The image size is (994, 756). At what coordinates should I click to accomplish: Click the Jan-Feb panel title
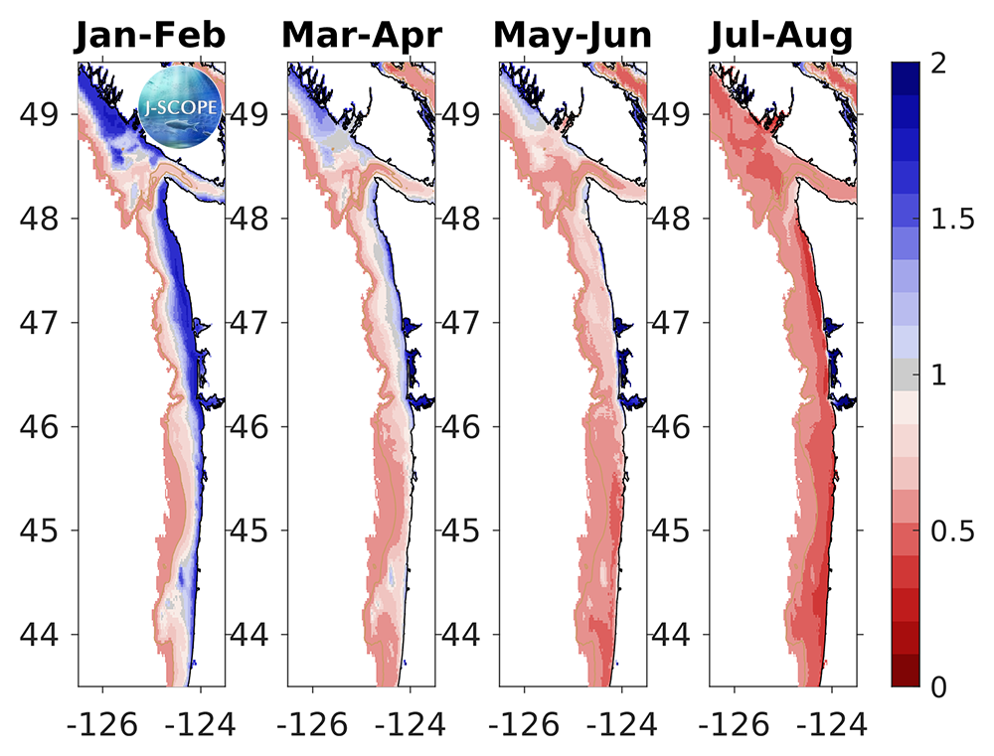pos(149,36)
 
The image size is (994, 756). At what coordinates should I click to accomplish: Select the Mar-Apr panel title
pos(362,36)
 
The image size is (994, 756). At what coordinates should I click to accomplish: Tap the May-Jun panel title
pos(573,36)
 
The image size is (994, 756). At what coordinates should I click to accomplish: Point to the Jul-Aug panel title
pos(781,36)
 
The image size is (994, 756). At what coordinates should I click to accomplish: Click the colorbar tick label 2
pos(937,65)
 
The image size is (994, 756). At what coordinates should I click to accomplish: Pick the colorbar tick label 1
pos(937,376)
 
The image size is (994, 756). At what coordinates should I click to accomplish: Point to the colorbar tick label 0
pos(937,686)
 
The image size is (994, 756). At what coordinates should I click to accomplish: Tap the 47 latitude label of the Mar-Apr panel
pos(253,323)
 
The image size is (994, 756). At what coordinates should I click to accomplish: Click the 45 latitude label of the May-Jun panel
pos(464,530)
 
